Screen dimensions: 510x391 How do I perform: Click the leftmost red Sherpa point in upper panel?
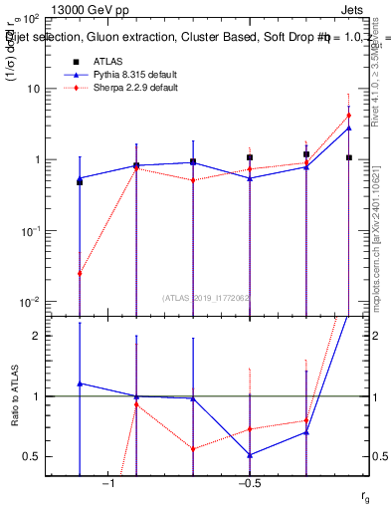point(80,273)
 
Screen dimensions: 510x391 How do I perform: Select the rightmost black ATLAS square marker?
point(349,157)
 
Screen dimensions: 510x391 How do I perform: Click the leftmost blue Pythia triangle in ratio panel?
point(80,382)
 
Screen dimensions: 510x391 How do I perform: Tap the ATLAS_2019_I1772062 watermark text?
point(207,297)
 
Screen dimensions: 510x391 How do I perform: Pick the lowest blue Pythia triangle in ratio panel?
point(250,455)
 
